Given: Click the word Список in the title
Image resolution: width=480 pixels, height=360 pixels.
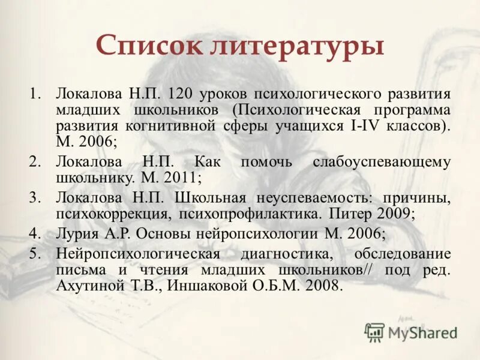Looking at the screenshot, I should point(149,46).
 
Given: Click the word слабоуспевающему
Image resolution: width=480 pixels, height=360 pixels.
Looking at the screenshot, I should point(382,163).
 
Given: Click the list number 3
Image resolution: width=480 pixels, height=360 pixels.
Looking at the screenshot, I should point(34,197).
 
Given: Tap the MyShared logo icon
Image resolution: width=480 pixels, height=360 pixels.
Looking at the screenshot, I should point(375,331).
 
